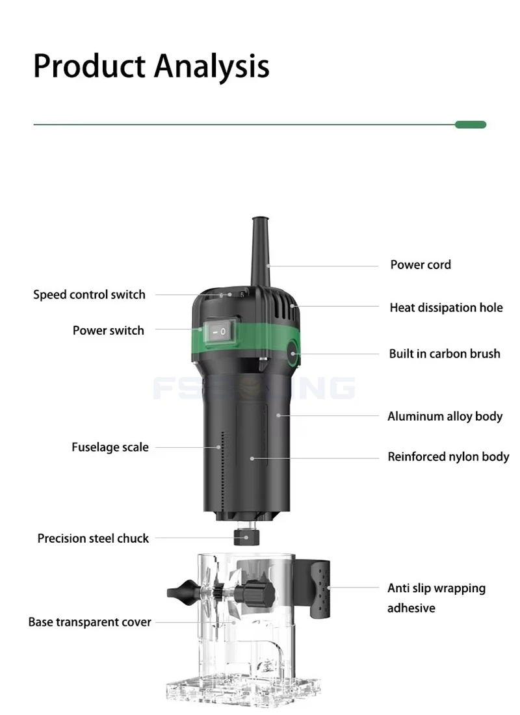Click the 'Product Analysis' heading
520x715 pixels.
click(151, 66)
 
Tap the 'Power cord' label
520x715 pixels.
click(421, 265)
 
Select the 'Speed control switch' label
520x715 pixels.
click(90, 294)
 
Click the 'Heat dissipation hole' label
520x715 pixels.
click(446, 308)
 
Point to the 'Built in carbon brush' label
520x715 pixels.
click(445, 354)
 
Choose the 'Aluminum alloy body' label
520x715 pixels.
click(445, 416)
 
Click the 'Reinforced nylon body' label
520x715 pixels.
click(448, 456)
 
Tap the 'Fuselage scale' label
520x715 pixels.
click(110, 447)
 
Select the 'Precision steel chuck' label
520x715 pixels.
click(93, 539)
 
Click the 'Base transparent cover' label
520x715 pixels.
click(90, 622)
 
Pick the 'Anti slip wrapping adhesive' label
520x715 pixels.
click(436, 598)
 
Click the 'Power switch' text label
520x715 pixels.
click(109, 330)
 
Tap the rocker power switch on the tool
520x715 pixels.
click(222, 331)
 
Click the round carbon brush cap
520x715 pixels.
click(292, 354)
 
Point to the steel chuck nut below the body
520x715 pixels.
click(246, 537)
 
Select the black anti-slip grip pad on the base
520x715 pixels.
click(320, 590)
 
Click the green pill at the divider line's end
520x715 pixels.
click(471, 125)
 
